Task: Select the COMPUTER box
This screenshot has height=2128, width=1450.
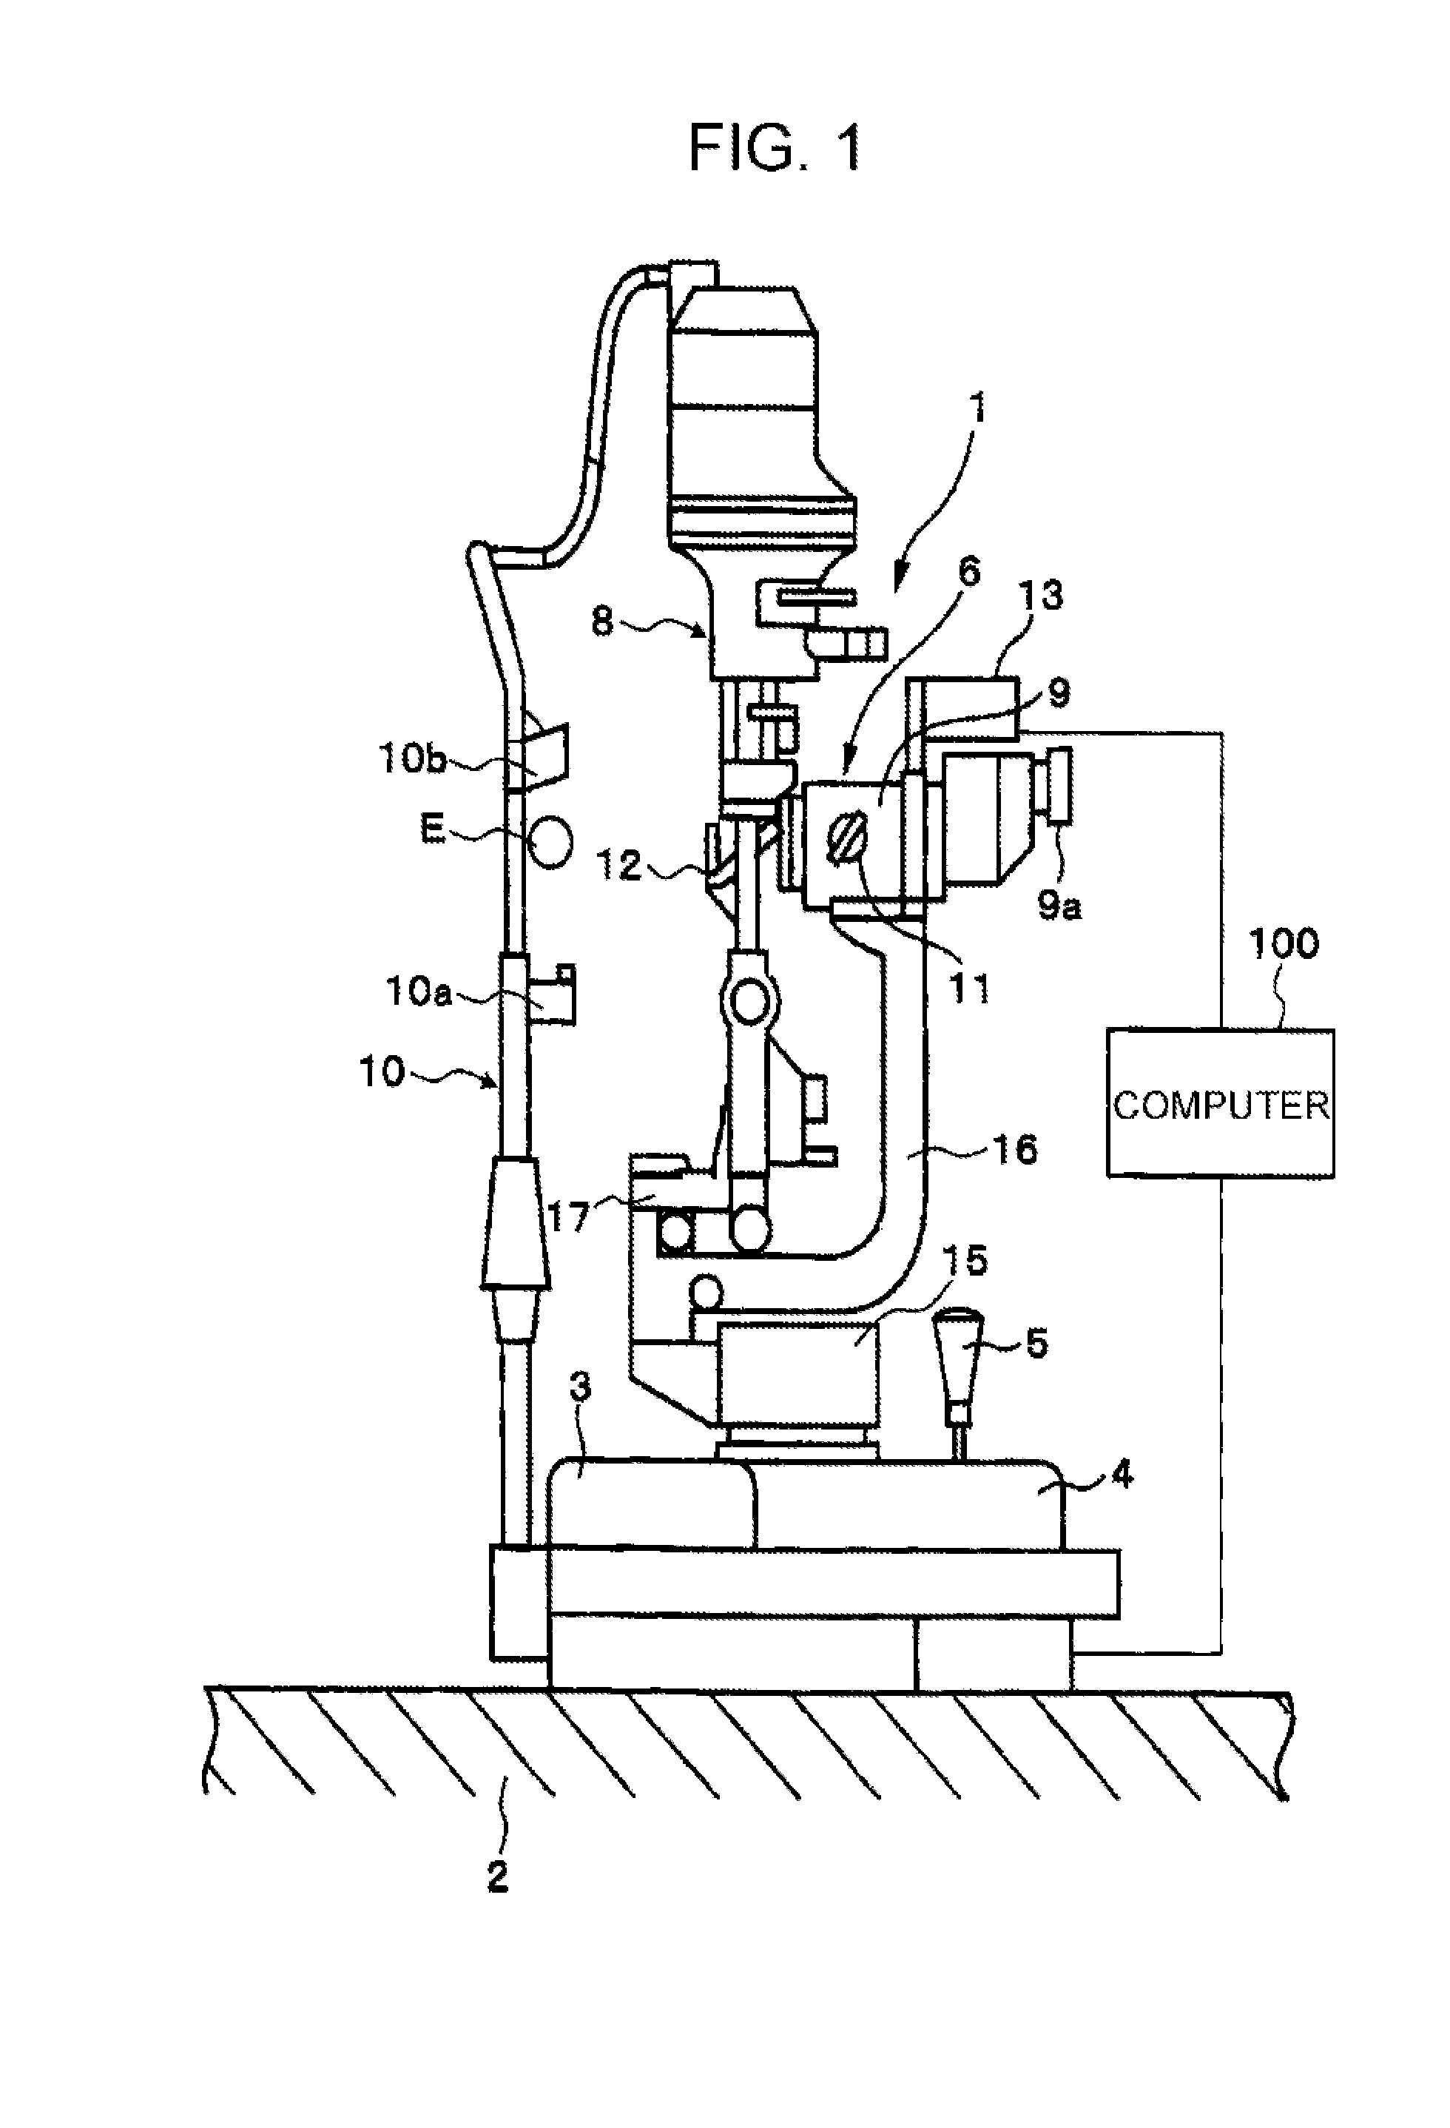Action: tap(1220, 1102)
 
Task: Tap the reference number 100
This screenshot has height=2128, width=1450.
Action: tap(1284, 944)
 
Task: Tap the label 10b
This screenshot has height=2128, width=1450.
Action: tap(411, 759)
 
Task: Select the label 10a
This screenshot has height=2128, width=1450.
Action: tap(418, 991)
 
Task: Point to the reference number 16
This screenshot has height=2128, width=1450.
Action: tap(1014, 1149)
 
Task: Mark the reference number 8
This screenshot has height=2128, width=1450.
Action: tap(602, 623)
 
